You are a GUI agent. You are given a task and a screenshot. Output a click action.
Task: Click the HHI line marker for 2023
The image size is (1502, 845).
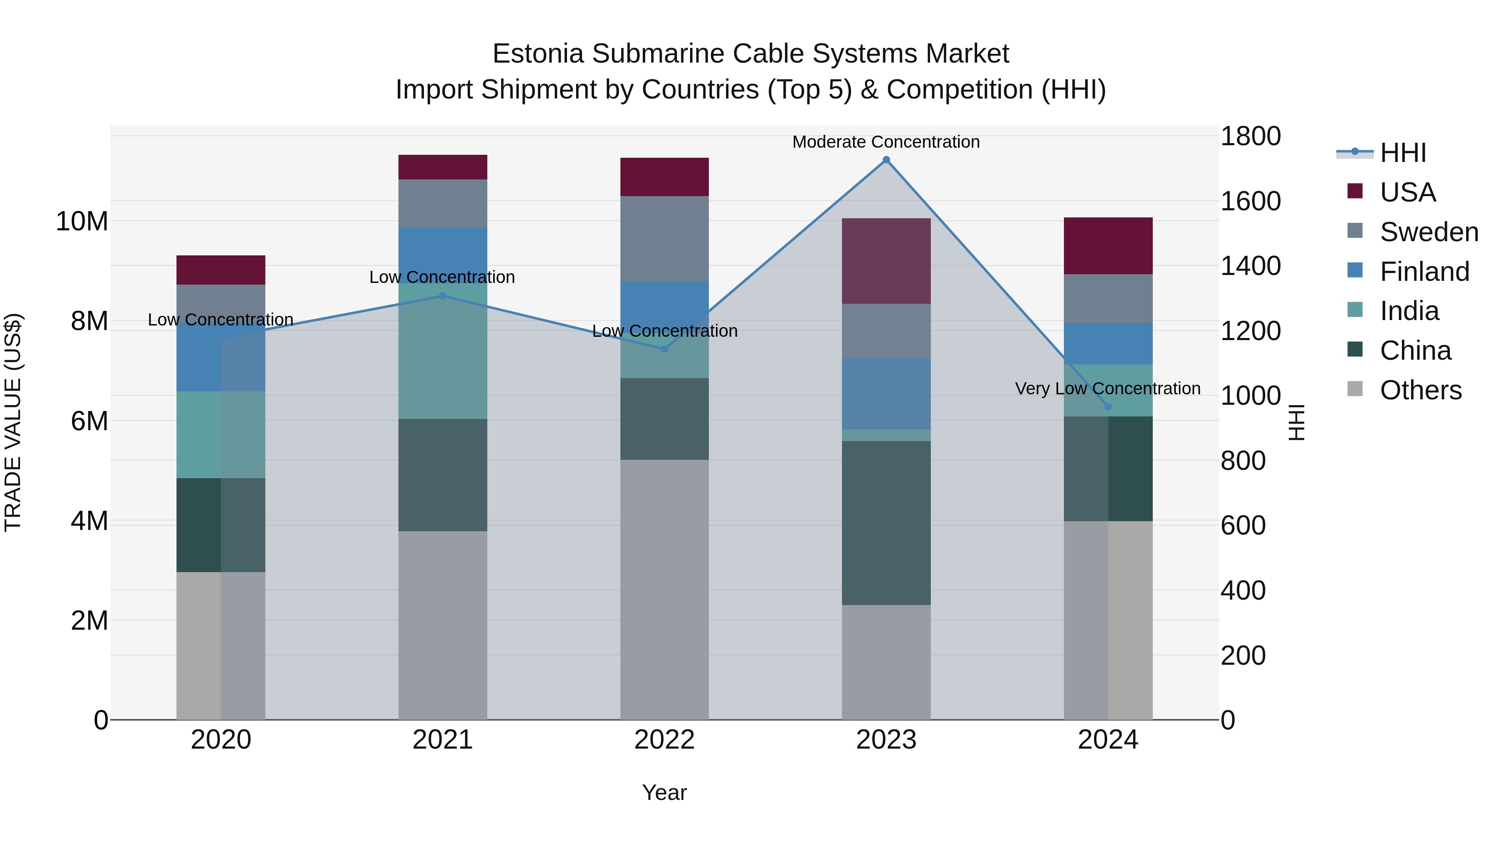point(886,160)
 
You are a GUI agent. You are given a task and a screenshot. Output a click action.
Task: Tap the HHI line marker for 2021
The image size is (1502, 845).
point(443,296)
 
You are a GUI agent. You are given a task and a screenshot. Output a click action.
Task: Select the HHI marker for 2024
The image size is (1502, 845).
point(1108,407)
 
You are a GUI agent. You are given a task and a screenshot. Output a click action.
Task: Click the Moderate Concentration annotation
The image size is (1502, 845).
point(886,142)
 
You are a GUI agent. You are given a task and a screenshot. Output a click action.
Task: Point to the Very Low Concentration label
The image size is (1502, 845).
point(1107,388)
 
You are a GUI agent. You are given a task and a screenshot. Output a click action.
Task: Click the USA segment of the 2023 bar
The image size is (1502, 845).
point(886,261)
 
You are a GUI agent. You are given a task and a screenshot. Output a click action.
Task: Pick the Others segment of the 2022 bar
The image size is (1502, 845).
point(664,589)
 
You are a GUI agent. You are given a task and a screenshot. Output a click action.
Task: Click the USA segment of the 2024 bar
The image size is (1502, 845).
point(1108,245)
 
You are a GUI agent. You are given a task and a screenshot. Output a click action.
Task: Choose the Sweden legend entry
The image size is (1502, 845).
point(1429,232)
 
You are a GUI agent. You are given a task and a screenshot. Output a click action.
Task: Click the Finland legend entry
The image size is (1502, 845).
point(1424,272)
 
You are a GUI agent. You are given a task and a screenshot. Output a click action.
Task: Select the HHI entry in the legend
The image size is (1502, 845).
point(1403,153)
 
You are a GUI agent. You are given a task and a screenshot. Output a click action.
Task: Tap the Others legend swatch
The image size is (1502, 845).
point(1355,389)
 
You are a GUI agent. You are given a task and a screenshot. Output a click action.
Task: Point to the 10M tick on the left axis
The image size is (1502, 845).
point(82,222)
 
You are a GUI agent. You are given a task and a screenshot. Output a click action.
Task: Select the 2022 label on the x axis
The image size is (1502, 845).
point(664,740)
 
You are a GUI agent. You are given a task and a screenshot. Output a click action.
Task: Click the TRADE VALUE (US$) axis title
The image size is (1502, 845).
point(13,422)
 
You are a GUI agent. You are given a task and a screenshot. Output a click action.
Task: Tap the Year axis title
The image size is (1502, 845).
point(664,792)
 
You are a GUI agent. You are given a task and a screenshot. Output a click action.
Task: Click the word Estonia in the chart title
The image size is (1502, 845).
point(538,54)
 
